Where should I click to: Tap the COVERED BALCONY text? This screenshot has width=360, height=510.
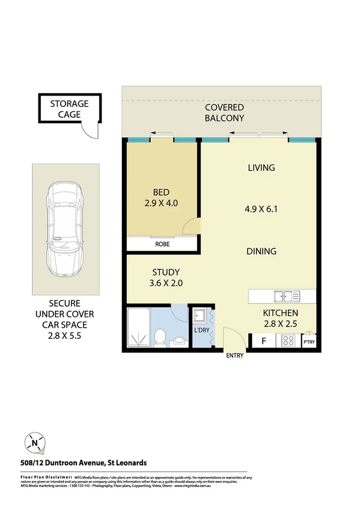(x=224, y=112)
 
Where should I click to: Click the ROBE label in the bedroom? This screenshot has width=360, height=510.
(x=162, y=245)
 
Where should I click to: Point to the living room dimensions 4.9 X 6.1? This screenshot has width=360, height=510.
(x=261, y=210)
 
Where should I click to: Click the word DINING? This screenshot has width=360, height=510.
(x=261, y=251)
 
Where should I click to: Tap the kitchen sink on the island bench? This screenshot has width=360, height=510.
(x=286, y=296)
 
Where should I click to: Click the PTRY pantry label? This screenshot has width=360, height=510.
(x=308, y=343)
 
